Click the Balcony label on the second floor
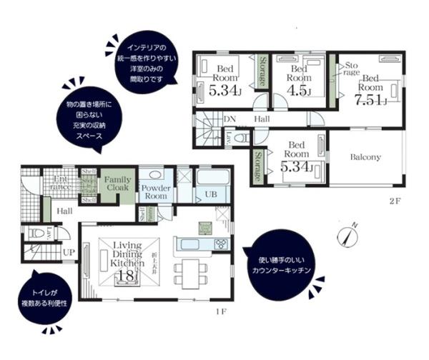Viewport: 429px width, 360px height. (365, 157)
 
